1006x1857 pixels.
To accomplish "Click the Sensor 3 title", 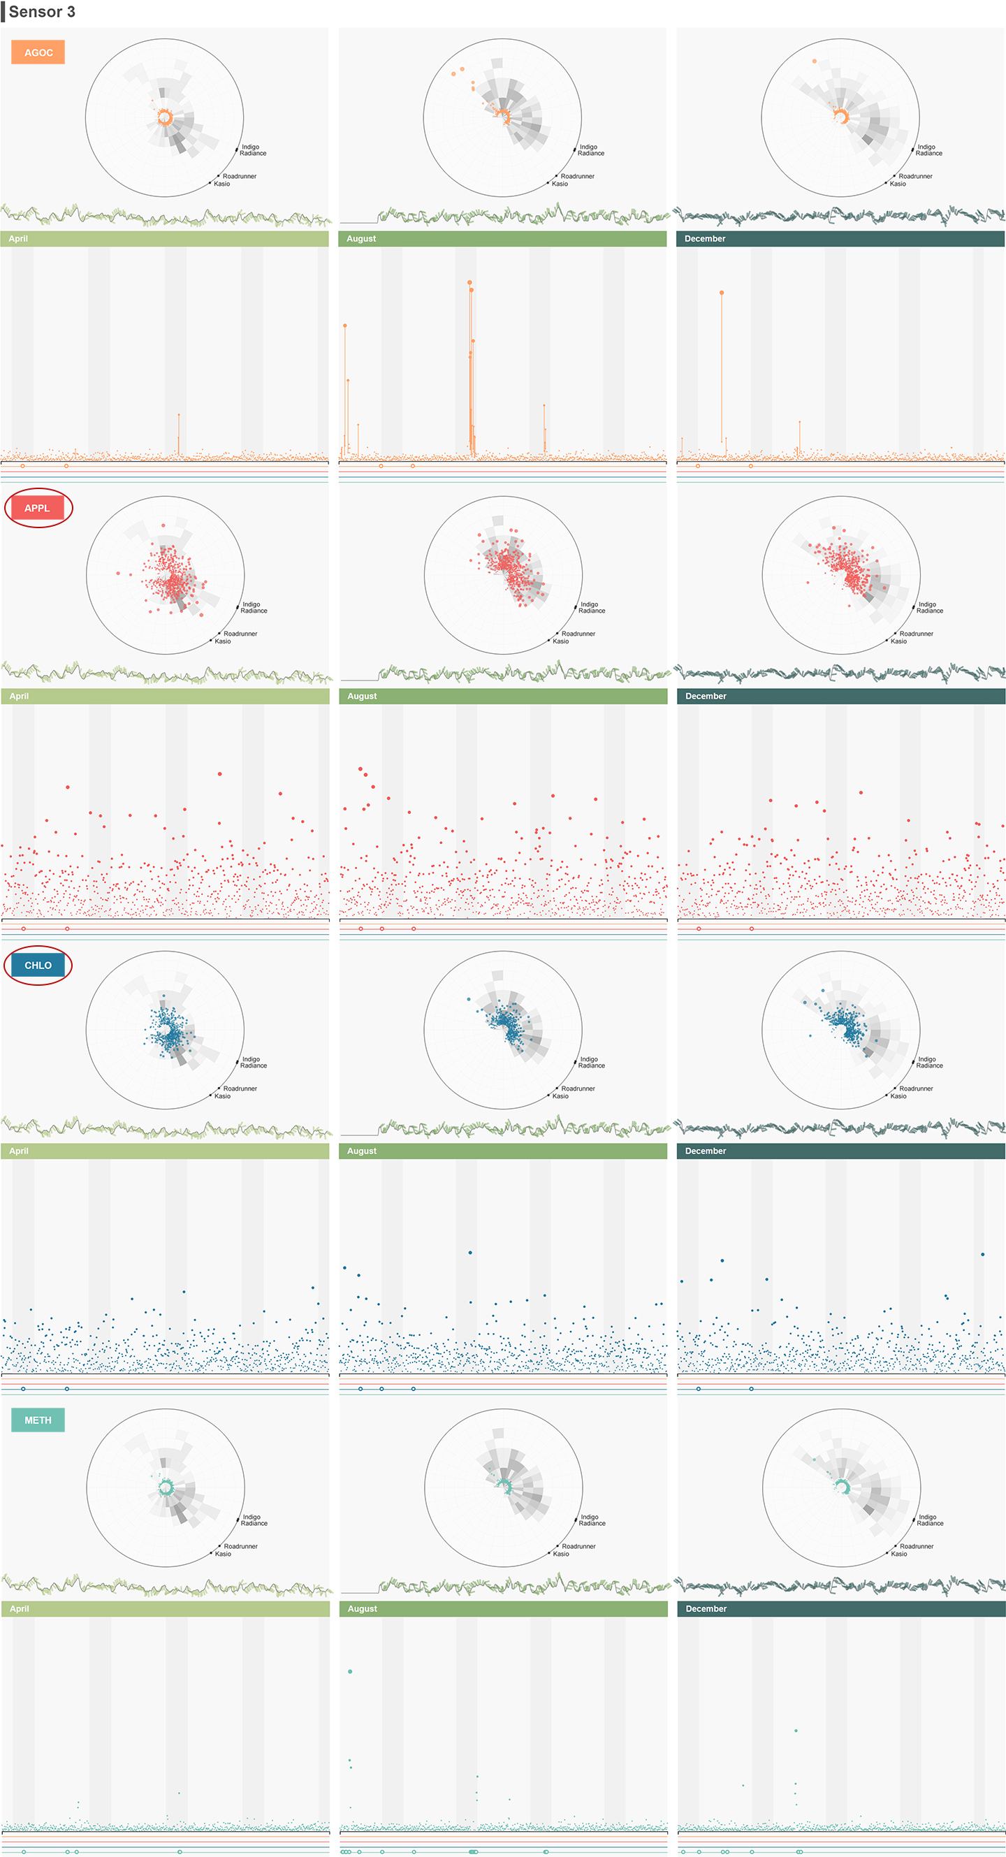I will click(42, 12).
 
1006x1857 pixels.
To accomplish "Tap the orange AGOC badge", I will click(38, 52).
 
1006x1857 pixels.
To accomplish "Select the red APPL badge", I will click(38, 508).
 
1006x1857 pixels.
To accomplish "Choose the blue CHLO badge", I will click(38, 966).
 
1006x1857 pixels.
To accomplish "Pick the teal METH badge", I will click(38, 1420).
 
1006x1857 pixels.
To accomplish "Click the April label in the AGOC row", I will click(18, 239).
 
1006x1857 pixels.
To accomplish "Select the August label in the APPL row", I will click(362, 697).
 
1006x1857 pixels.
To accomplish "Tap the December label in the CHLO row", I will click(706, 1151).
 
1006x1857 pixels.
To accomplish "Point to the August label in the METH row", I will click(362, 1609).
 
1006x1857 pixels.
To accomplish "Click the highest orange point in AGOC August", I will click(469, 282).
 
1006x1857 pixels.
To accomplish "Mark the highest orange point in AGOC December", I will click(722, 293).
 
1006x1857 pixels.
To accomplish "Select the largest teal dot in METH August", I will click(350, 1671).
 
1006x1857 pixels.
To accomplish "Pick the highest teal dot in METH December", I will click(796, 1730).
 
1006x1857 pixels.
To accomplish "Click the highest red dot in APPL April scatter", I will click(220, 773).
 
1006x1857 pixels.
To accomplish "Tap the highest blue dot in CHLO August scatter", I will click(470, 1253).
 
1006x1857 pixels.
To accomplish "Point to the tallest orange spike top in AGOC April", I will click(179, 414).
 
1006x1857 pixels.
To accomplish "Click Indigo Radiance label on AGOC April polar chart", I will click(252, 150).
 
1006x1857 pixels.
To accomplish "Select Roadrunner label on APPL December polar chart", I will click(916, 634).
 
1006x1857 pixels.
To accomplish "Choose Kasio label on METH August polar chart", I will click(561, 1554).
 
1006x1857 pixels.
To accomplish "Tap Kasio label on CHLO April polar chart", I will click(222, 1095).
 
